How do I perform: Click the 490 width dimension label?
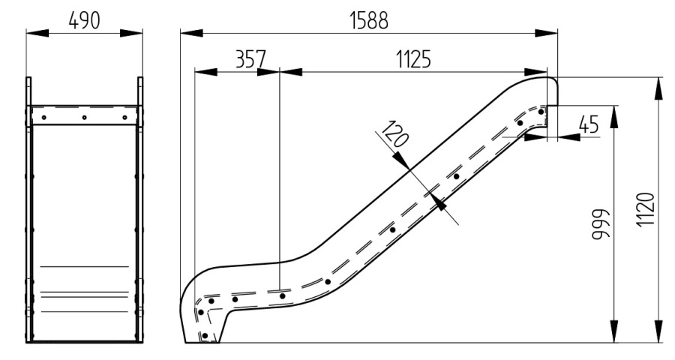click(x=84, y=20)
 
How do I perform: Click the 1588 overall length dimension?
click(x=368, y=20)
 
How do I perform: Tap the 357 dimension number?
click(x=251, y=59)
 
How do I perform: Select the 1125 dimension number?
click(x=413, y=59)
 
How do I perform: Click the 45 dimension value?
click(x=589, y=124)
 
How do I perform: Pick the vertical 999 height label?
click(x=601, y=224)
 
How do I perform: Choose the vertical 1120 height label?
click(x=646, y=209)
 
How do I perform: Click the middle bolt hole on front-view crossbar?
click(x=84, y=117)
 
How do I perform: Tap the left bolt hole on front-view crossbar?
click(x=43, y=117)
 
